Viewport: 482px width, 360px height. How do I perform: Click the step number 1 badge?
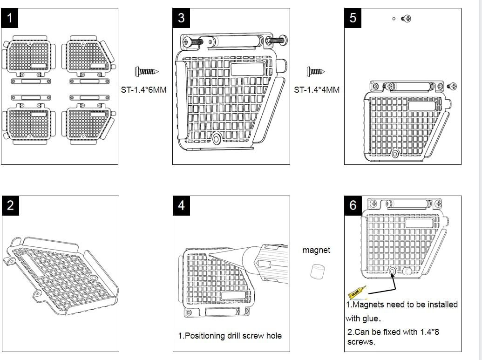pyautogui.click(x=10, y=18)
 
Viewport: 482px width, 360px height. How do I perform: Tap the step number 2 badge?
pyautogui.click(x=10, y=205)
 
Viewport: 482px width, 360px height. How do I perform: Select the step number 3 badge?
pyautogui.click(x=181, y=18)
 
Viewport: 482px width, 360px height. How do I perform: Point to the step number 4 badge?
pyautogui.click(x=181, y=205)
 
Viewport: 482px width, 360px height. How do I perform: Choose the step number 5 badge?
pyautogui.click(x=353, y=18)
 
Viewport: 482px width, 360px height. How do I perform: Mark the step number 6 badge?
pyautogui.click(x=353, y=205)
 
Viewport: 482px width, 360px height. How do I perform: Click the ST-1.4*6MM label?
pyautogui.click(x=143, y=89)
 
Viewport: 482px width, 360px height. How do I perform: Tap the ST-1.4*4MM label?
pyautogui.click(x=317, y=89)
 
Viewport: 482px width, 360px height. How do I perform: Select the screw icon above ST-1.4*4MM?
pyautogui.click(x=316, y=72)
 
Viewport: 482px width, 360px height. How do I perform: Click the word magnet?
pyautogui.click(x=316, y=250)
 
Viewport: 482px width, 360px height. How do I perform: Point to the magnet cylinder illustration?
pyautogui.click(x=317, y=271)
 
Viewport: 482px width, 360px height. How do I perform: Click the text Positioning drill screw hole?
pyautogui.click(x=230, y=335)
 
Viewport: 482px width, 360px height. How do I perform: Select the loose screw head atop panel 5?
pyautogui.click(x=407, y=19)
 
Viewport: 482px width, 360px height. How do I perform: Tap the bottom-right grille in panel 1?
pyautogui.click(x=88, y=123)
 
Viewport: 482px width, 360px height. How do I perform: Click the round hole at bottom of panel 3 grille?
pyautogui.click(x=217, y=139)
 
